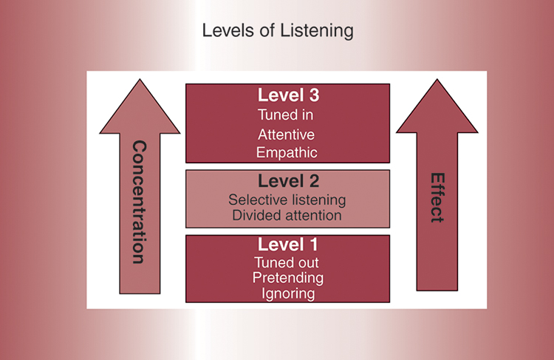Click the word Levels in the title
(x=225, y=32)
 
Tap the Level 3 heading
(x=287, y=95)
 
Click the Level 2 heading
(x=287, y=182)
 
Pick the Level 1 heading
(x=287, y=245)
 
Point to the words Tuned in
(x=287, y=115)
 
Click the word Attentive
(x=287, y=135)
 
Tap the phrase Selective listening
(x=287, y=200)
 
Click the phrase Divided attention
(x=287, y=215)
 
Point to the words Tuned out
(x=287, y=262)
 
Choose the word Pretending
(x=287, y=278)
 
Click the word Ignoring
(x=287, y=293)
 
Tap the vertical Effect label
(x=437, y=198)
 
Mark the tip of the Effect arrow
(x=437, y=81)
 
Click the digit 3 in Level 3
(x=313, y=95)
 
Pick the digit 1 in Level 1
(x=313, y=245)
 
